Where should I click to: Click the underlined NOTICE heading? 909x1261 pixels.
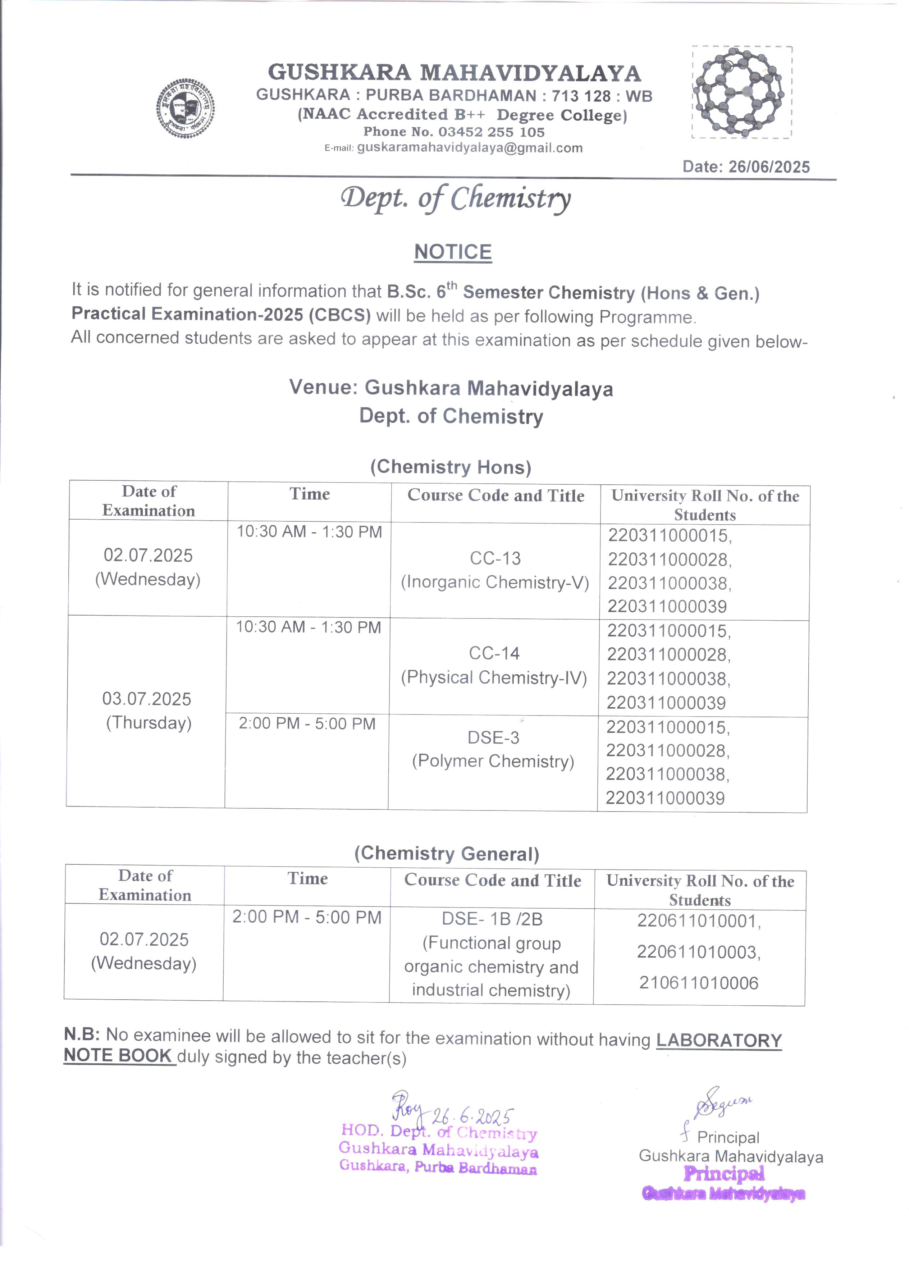point(453,252)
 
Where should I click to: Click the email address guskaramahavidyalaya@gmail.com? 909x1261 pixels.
point(470,148)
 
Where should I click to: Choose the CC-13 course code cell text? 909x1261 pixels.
point(495,558)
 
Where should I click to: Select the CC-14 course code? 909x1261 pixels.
point(494,653)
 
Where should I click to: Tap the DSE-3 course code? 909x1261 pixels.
point(493,738)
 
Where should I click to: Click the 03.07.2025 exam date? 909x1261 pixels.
point(147,699)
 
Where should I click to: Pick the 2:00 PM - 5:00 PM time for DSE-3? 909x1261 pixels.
point(307,724)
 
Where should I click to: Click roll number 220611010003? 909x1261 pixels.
point(698,952)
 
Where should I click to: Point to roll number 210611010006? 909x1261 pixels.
point(698,983)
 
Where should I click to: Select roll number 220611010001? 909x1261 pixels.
point(698,921)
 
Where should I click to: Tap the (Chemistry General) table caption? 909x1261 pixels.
point(447,854)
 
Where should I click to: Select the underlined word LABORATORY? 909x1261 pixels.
point(719,1040)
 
